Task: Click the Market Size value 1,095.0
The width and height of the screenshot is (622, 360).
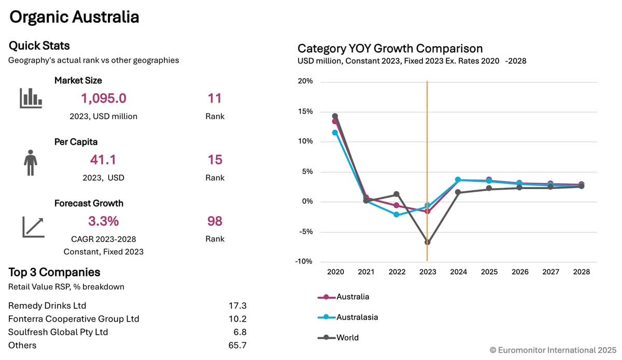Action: click(104, 98)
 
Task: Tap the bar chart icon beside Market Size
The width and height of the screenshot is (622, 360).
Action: click(31, 98)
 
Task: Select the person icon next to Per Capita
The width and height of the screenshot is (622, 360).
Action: click(31, 163)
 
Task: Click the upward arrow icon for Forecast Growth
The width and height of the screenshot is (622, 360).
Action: click(33, 227)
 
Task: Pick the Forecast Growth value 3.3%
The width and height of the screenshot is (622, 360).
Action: click(103, 221)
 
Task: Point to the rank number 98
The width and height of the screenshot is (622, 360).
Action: click(215, 221)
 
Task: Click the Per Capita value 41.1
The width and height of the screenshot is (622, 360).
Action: click(103, 160)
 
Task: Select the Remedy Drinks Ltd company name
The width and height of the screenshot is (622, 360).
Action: click(47, 306)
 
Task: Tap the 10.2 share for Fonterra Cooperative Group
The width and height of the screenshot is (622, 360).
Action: click(237, 319)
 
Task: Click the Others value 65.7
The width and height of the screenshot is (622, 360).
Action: click(237, 345)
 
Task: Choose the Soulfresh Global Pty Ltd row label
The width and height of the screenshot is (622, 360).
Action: click(58, 332)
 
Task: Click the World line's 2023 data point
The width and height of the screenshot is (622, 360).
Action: click(428, 242)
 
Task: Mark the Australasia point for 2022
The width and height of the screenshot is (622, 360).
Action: click(397, 214)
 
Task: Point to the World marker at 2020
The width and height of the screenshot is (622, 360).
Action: click(335, 117)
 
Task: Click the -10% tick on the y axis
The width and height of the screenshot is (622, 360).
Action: click(304, 262)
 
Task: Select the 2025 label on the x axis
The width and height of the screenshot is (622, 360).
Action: click(489, 271)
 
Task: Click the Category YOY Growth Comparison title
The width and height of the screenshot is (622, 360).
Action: click(390, 49)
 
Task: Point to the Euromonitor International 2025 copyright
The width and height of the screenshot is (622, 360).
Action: click(553, 350)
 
